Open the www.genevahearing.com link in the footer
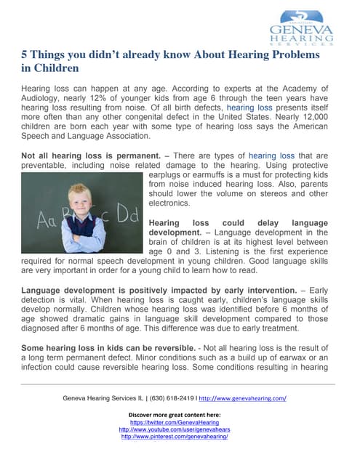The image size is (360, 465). click(x=242, y=399)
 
